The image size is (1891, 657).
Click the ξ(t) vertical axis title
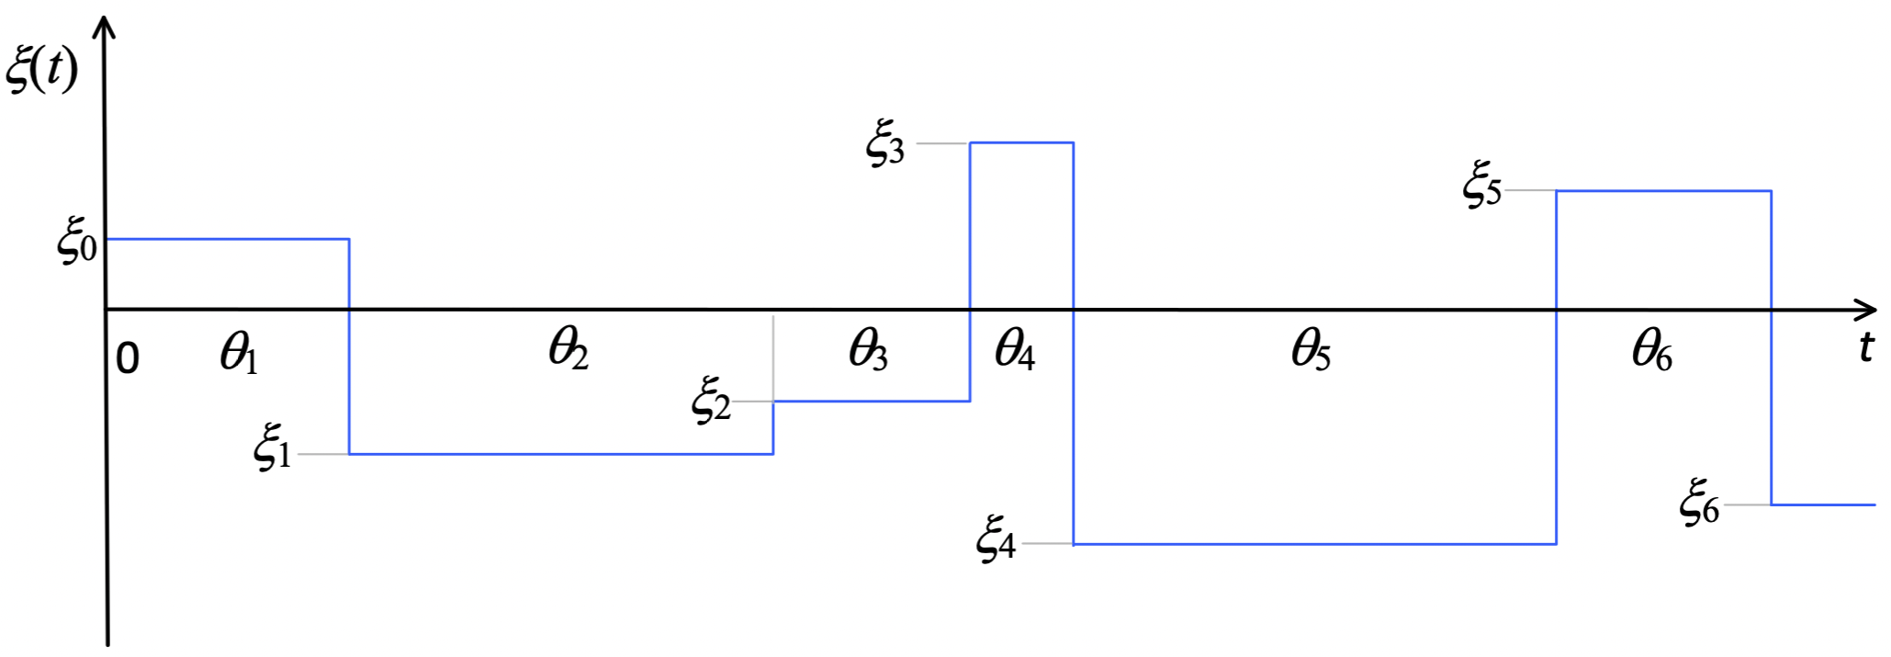click(x=42, y=71)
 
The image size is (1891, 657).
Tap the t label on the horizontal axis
click(x=1865, y=346)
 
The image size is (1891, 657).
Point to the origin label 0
click(x=128, y=359)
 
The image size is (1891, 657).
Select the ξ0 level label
click(x=77, y=244)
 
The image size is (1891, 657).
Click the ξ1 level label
click(x=273, y=450)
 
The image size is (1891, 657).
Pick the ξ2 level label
click(x=711, y=401)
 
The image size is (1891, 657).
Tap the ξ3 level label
click(x=885, y=145)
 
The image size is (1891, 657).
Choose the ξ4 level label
click(x=996, y=539)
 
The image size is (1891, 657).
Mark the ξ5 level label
click(x=1482, y=186)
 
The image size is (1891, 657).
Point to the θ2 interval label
click(x=568, y=349)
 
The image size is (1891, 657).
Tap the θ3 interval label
click(x=868, y=350)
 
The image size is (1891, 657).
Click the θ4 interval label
click(x=1015, y=351)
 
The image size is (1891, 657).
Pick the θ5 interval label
click(x=1311, y=350)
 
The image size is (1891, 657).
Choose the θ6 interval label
click(x=1652, y=351)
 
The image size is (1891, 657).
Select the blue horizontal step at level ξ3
click(x=1021, y=143)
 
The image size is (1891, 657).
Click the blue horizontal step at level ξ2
click(x=872, y=402)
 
